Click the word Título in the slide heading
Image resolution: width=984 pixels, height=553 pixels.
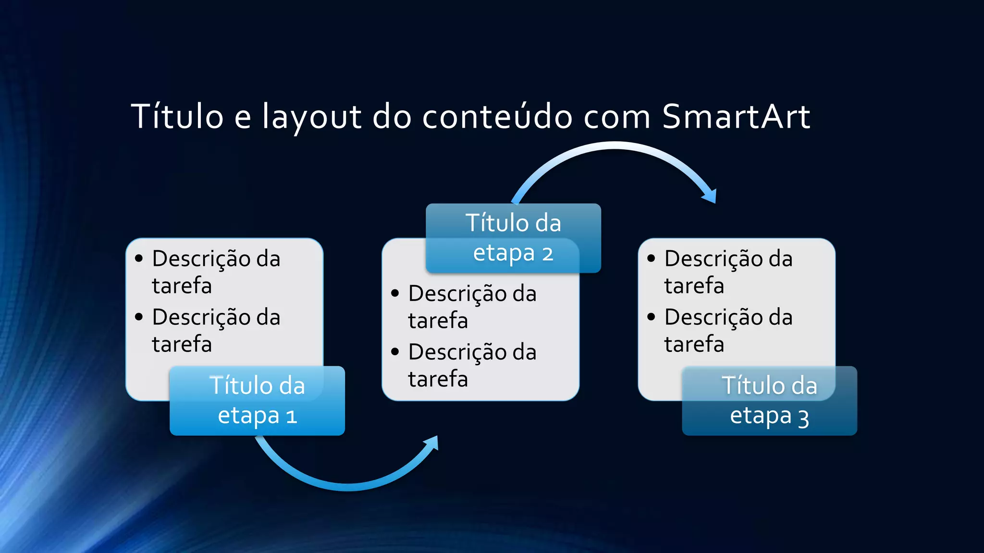177,117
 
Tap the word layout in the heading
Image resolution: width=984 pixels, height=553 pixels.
311,117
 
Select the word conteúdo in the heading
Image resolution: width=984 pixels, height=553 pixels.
497,117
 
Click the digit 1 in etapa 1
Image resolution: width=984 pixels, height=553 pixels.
291,416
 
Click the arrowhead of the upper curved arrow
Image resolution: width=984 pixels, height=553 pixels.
710,195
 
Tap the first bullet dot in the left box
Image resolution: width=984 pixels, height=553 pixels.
139,259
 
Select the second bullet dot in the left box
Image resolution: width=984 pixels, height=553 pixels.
139,317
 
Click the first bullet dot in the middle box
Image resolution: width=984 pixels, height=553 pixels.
395,293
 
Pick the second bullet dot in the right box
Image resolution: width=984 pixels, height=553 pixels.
651,317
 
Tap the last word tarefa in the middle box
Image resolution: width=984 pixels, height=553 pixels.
438,379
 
